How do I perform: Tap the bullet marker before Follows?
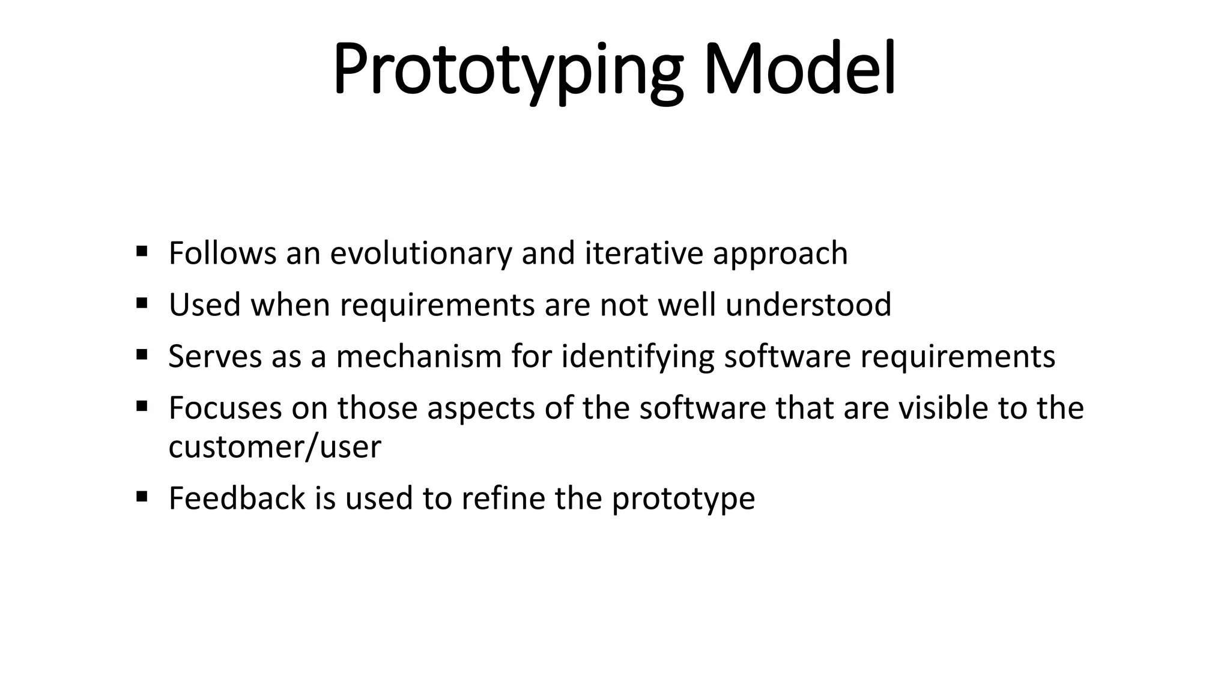pyautogui.click(x=142, y=250)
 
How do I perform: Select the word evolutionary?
pyautogui.click(x=420, y=253)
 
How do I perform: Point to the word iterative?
pyautogui.click(x=643, y=253)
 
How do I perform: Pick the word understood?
pyautogui.click(x=808, y=305)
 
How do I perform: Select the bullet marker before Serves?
pyautogui.click(x=142, y=354)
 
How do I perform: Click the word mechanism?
pyautogui.click(x=419, y=356)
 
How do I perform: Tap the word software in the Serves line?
pyautogui.click(x=787, y=356)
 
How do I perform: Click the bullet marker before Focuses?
pyautogui.click(x=142, y=405)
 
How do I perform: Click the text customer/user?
pyautogui.click(x=274, y=447)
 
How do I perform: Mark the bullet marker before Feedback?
pyautogui.click(x=142, y=496)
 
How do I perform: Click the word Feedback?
pyautogui.click(x=237, y=498)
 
